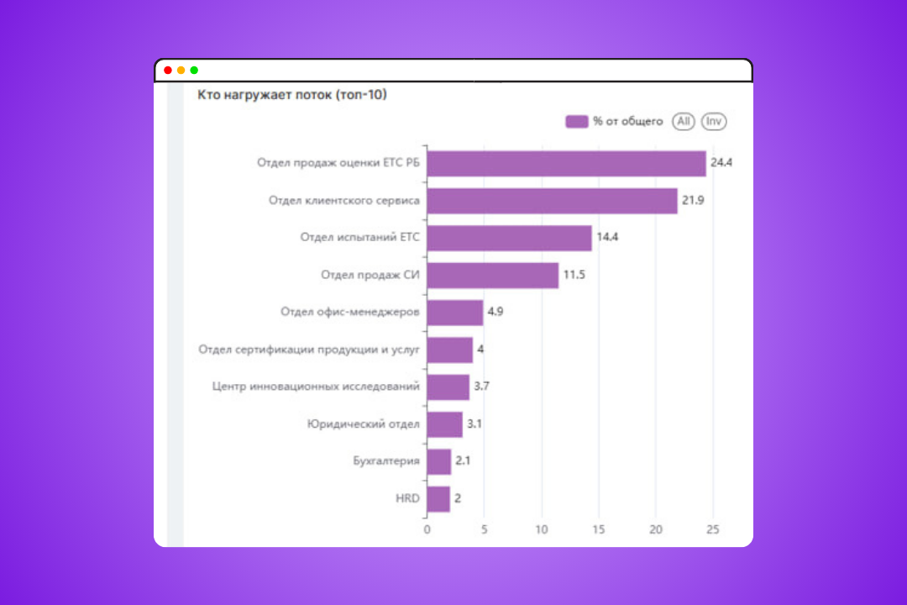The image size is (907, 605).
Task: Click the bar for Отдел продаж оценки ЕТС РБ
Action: coord(566,164)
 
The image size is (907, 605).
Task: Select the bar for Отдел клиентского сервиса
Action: coord(552,201)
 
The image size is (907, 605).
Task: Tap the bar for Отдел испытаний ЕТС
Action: coord(509,238)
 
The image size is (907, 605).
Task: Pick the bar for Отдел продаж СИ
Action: coord(492,276)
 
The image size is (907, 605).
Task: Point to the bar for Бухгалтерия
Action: coord(438,461)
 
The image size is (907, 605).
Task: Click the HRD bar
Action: coord(438,499)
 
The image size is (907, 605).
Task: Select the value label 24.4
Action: coord(721,163)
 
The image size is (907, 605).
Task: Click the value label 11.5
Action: coord(574,276)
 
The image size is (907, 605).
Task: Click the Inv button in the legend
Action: coord(714,122)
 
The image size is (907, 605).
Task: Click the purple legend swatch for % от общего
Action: coord(576,122)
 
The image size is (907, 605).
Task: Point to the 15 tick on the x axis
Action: coord(599,529)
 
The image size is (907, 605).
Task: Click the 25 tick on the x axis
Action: coord(713,529)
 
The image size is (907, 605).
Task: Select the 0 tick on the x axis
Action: coord(427,529)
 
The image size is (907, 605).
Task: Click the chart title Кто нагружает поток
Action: coord(292,95)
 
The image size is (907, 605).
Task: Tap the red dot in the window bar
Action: coord(168,71)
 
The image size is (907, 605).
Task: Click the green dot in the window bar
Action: coord(194,71)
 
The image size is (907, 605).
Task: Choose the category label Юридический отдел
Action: coord(363,424)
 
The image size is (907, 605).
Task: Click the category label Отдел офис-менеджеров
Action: coord(349,313)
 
